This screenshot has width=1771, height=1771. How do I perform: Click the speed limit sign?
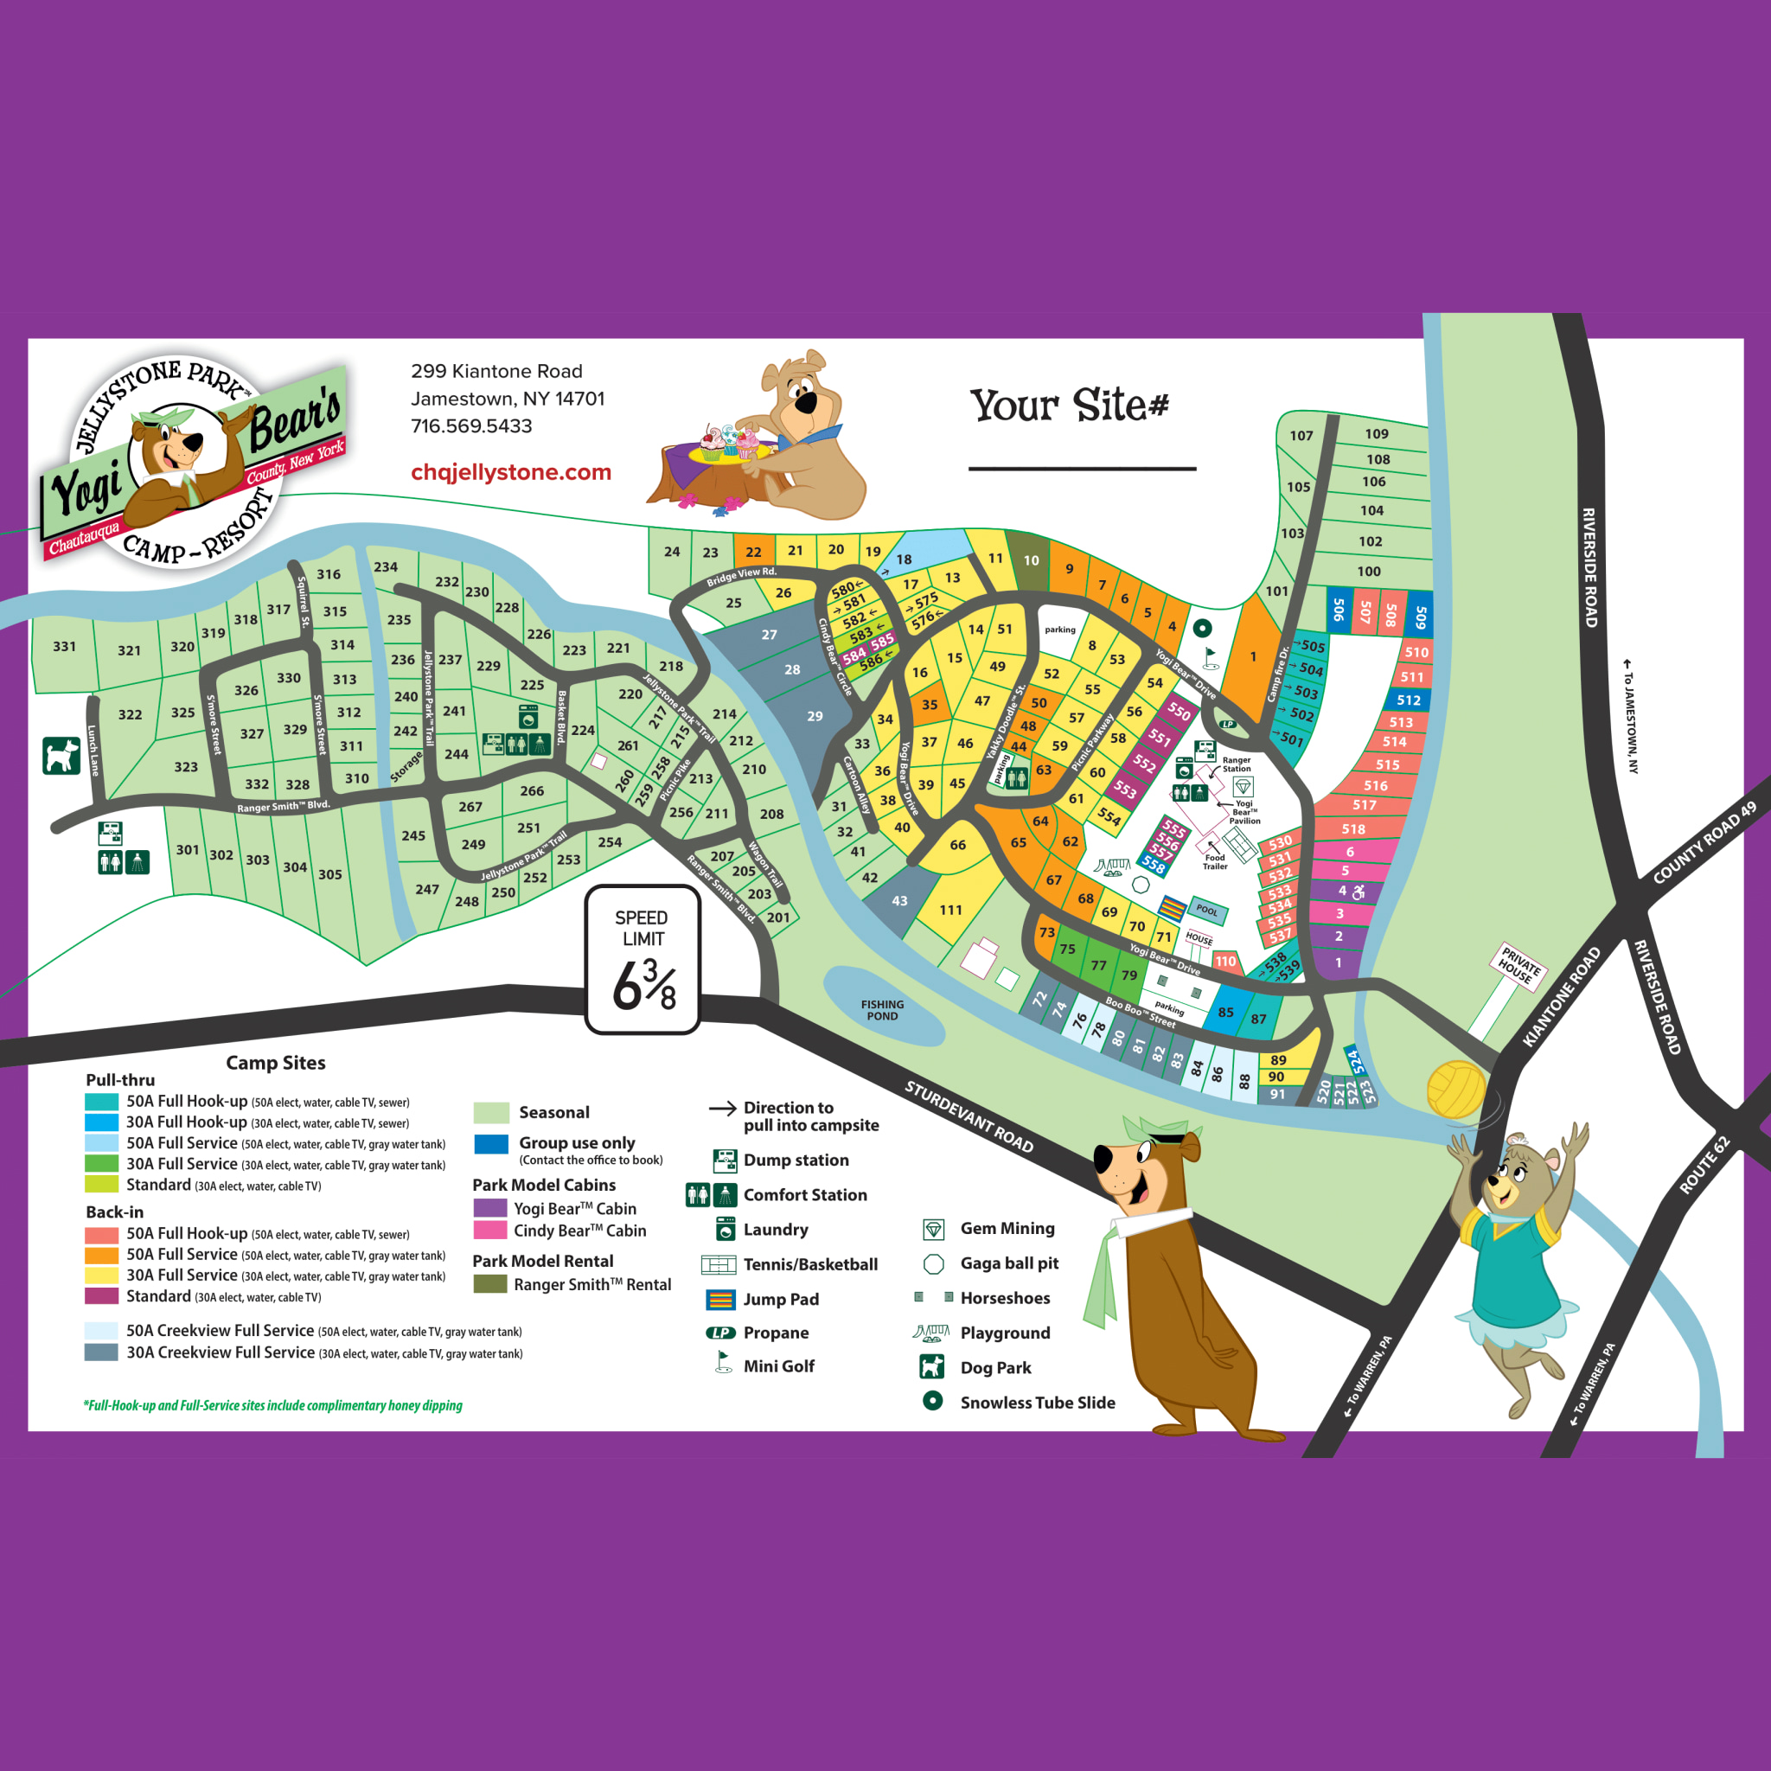pos(643,959)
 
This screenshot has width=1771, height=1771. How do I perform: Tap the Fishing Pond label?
pos(882,1010)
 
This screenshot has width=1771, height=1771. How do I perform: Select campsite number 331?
pos(64,646)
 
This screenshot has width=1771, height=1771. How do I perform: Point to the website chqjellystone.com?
pos(510,472)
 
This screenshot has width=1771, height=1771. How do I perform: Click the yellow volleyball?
pos(1455,1089)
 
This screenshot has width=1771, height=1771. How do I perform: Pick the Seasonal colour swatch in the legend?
pos(491,1113)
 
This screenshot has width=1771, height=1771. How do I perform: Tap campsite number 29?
pos(815,716)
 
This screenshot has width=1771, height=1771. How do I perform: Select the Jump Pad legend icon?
pos(721,1299)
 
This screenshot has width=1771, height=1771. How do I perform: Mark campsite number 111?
pos(950,910)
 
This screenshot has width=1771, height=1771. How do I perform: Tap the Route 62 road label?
pos(1704,1164)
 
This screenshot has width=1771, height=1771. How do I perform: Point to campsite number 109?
pos(1376,433)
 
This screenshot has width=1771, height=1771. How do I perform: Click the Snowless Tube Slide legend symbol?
pos(932,1401)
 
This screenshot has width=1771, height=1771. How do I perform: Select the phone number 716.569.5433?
pos(471,426)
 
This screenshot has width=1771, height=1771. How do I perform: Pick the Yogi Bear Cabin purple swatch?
pos(490,1208)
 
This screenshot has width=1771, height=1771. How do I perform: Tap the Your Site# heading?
pos(1070,404)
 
